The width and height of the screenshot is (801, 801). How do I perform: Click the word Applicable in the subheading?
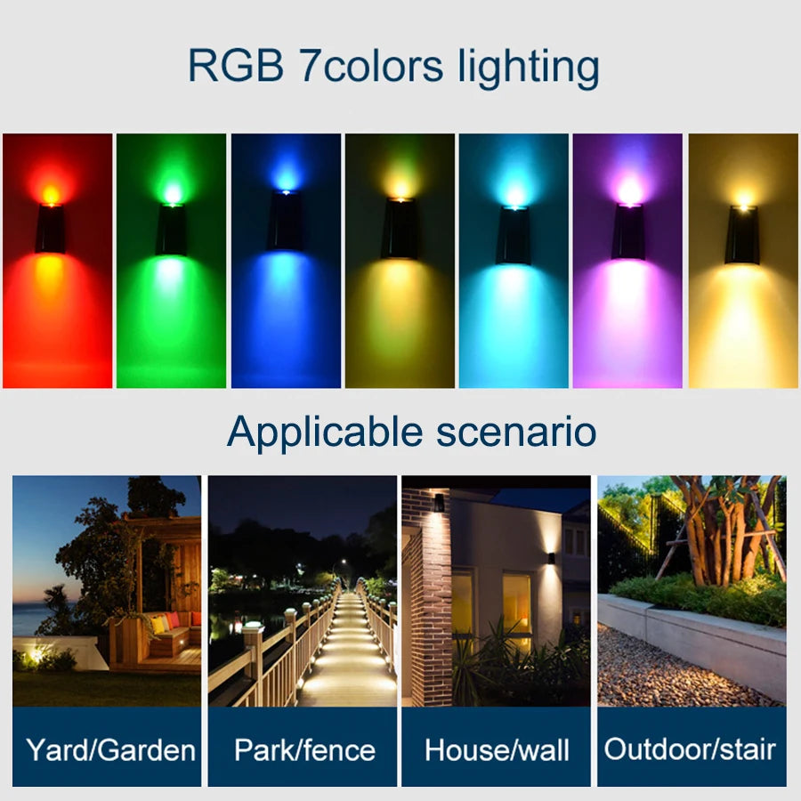coord(325,432)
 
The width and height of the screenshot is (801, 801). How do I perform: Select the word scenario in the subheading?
coord(516,432)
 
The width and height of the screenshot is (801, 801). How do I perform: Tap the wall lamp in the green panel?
coord(172,230)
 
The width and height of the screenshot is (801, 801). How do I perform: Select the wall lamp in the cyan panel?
coord(514,234)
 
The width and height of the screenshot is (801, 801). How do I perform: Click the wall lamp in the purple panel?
coord(628,231)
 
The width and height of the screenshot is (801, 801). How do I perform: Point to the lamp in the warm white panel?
coord(741,235)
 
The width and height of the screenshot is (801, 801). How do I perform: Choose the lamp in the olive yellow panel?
coord(400,229)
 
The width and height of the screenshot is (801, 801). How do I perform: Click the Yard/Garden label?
coord(110,749)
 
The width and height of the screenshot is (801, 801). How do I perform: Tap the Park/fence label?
coord(304,749)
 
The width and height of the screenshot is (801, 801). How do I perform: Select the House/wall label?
coord(497,749)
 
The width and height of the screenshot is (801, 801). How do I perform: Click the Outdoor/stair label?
coord(690,748)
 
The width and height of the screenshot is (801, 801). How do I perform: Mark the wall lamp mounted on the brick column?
coord(439,503)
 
